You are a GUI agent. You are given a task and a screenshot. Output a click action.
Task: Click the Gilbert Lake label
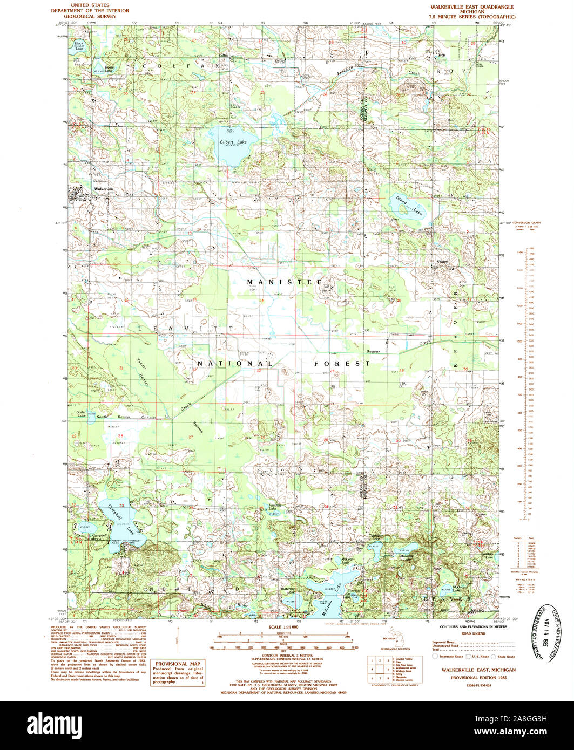pos(233,142)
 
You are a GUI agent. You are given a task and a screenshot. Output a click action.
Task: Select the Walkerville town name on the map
pos(104,189)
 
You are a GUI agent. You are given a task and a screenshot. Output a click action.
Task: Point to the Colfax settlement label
pos(223,55)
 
